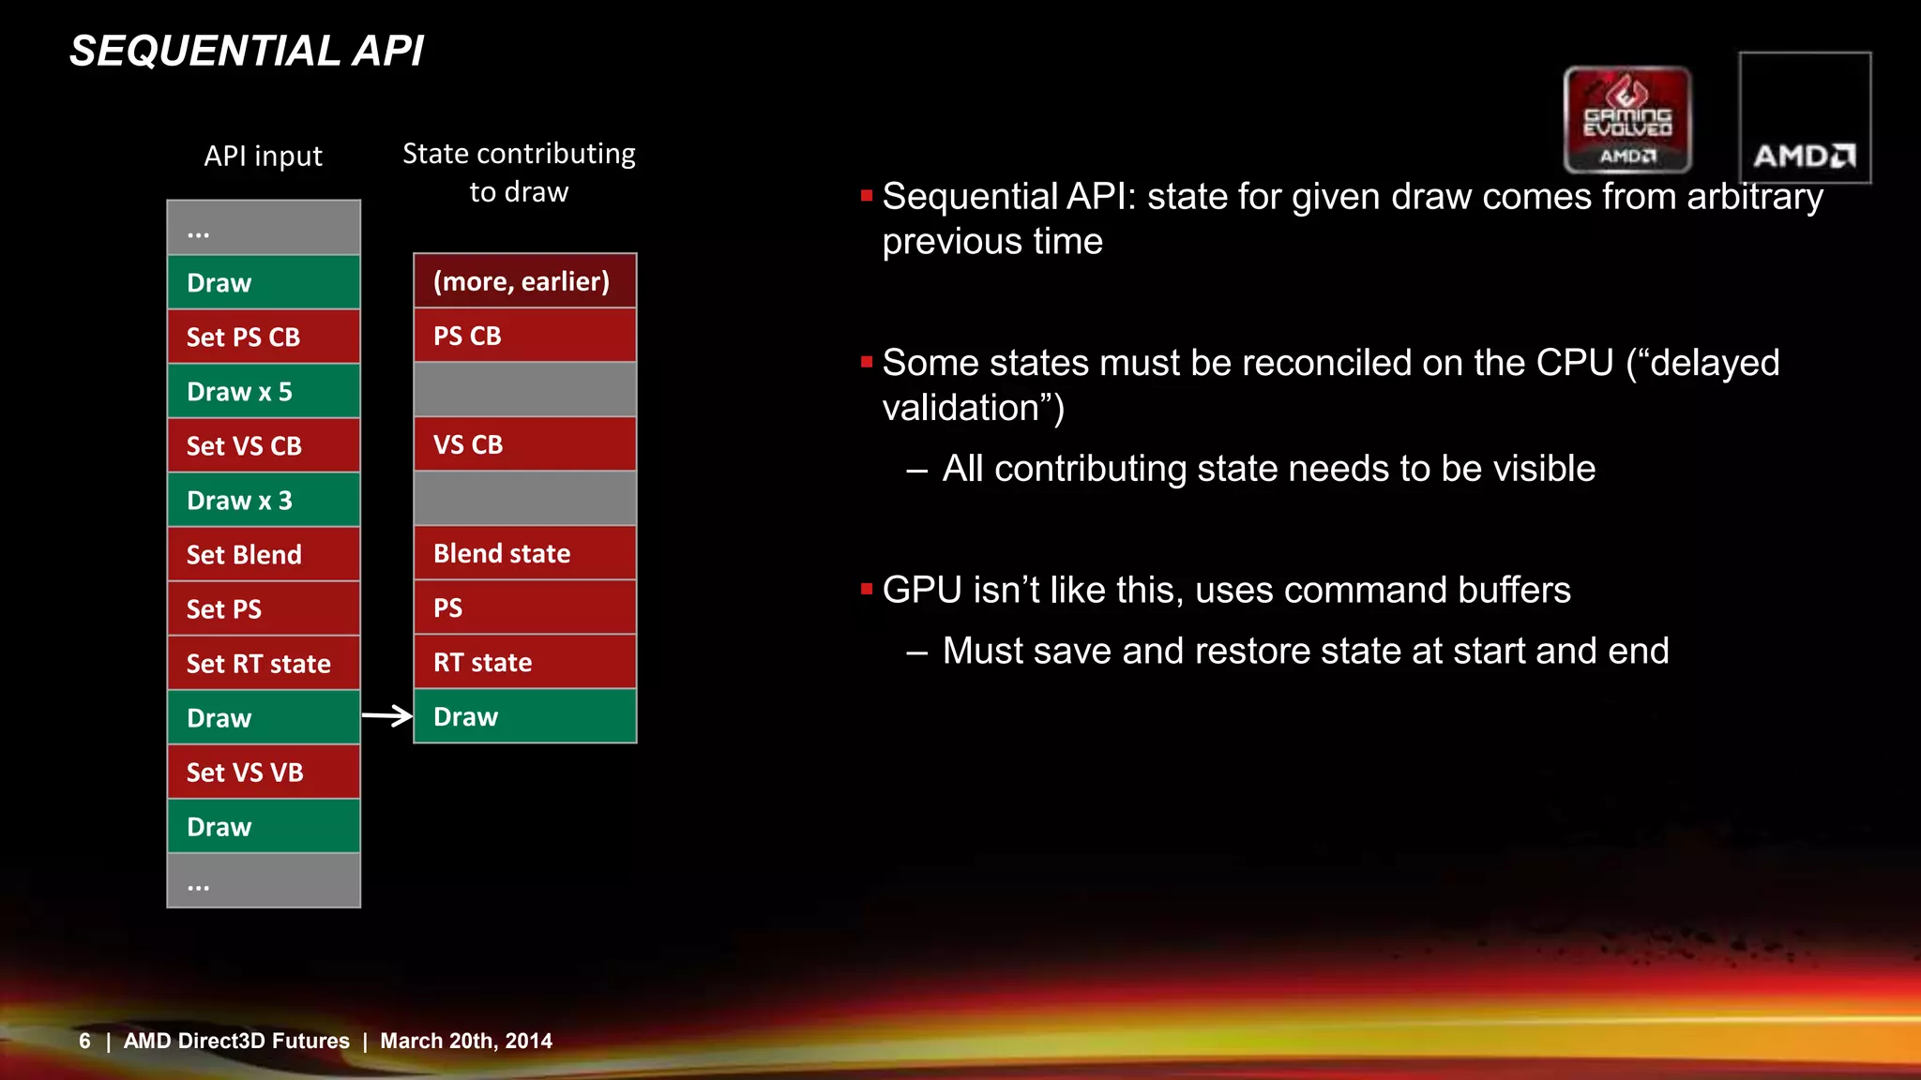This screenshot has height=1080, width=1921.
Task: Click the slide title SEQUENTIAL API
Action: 247,52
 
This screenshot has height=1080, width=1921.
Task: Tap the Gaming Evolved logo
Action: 1627,119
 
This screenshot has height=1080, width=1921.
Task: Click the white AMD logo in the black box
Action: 1804,156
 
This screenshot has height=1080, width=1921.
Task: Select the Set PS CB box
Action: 264,337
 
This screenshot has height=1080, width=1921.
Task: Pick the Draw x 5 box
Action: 264,391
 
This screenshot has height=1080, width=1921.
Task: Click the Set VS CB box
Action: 264,445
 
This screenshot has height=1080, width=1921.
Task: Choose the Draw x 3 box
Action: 264,500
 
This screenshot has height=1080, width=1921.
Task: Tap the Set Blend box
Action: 264,554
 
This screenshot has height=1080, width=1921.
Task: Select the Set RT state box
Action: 264,663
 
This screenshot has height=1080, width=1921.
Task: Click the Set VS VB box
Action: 264,772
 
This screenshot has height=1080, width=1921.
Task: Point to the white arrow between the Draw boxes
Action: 387,716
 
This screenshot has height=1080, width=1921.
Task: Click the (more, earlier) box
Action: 525,280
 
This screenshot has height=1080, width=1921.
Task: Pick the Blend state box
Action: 525,553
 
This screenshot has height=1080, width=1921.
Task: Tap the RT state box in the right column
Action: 525,662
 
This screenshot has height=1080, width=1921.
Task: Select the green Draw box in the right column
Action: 525,716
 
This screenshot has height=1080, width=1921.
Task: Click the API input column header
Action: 264,156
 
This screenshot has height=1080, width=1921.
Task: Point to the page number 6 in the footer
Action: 84,1041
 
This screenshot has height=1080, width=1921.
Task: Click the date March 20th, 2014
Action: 466,1041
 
